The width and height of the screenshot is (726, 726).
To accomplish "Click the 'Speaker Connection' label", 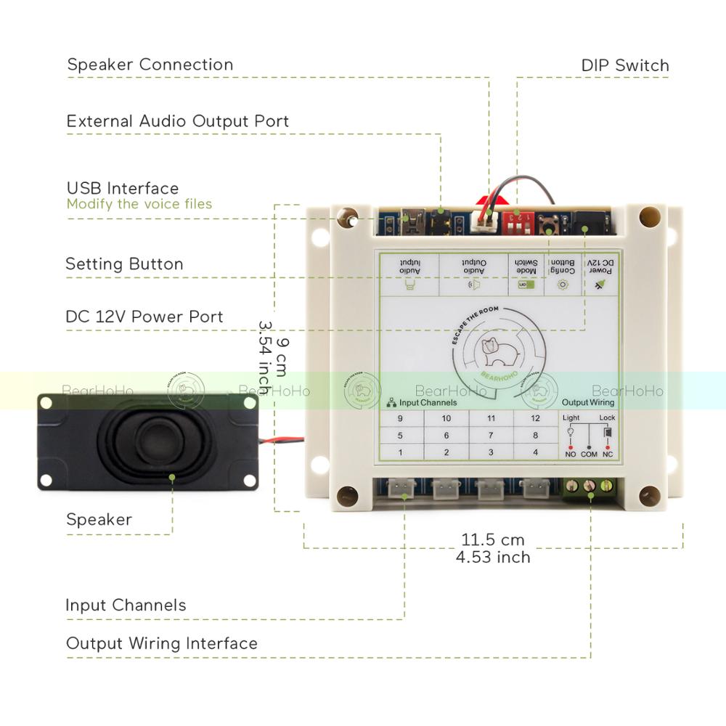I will pos(150,65).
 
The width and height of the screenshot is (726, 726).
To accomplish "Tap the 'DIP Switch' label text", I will pos(625,65).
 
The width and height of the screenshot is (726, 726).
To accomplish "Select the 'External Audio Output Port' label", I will pos(178,121).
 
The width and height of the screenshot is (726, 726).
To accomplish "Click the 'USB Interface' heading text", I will pos(123,189).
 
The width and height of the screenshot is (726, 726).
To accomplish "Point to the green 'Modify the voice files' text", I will pos(139,204).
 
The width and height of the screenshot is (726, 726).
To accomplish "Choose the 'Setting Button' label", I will pos(124,264).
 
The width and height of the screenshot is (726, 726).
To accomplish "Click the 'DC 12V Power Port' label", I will pos(144,317).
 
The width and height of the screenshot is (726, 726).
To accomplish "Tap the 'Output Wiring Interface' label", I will pos(162,643).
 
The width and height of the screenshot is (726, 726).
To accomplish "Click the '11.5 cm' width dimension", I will pos(493,540).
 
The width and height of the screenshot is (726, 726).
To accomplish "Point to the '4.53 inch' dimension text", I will pos(493,557).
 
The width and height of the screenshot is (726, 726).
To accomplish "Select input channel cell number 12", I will pos(536,418).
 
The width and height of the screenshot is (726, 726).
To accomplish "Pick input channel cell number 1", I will pos(400,452).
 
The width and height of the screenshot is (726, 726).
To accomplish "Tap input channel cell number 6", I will pos(446,436).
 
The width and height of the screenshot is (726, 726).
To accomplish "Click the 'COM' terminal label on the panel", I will pos(589,454).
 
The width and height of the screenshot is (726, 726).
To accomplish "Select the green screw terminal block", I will pos(590,486).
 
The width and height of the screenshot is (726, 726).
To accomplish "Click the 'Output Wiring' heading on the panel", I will pos(588,402).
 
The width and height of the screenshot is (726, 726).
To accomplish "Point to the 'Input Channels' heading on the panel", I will pos(428,402).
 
